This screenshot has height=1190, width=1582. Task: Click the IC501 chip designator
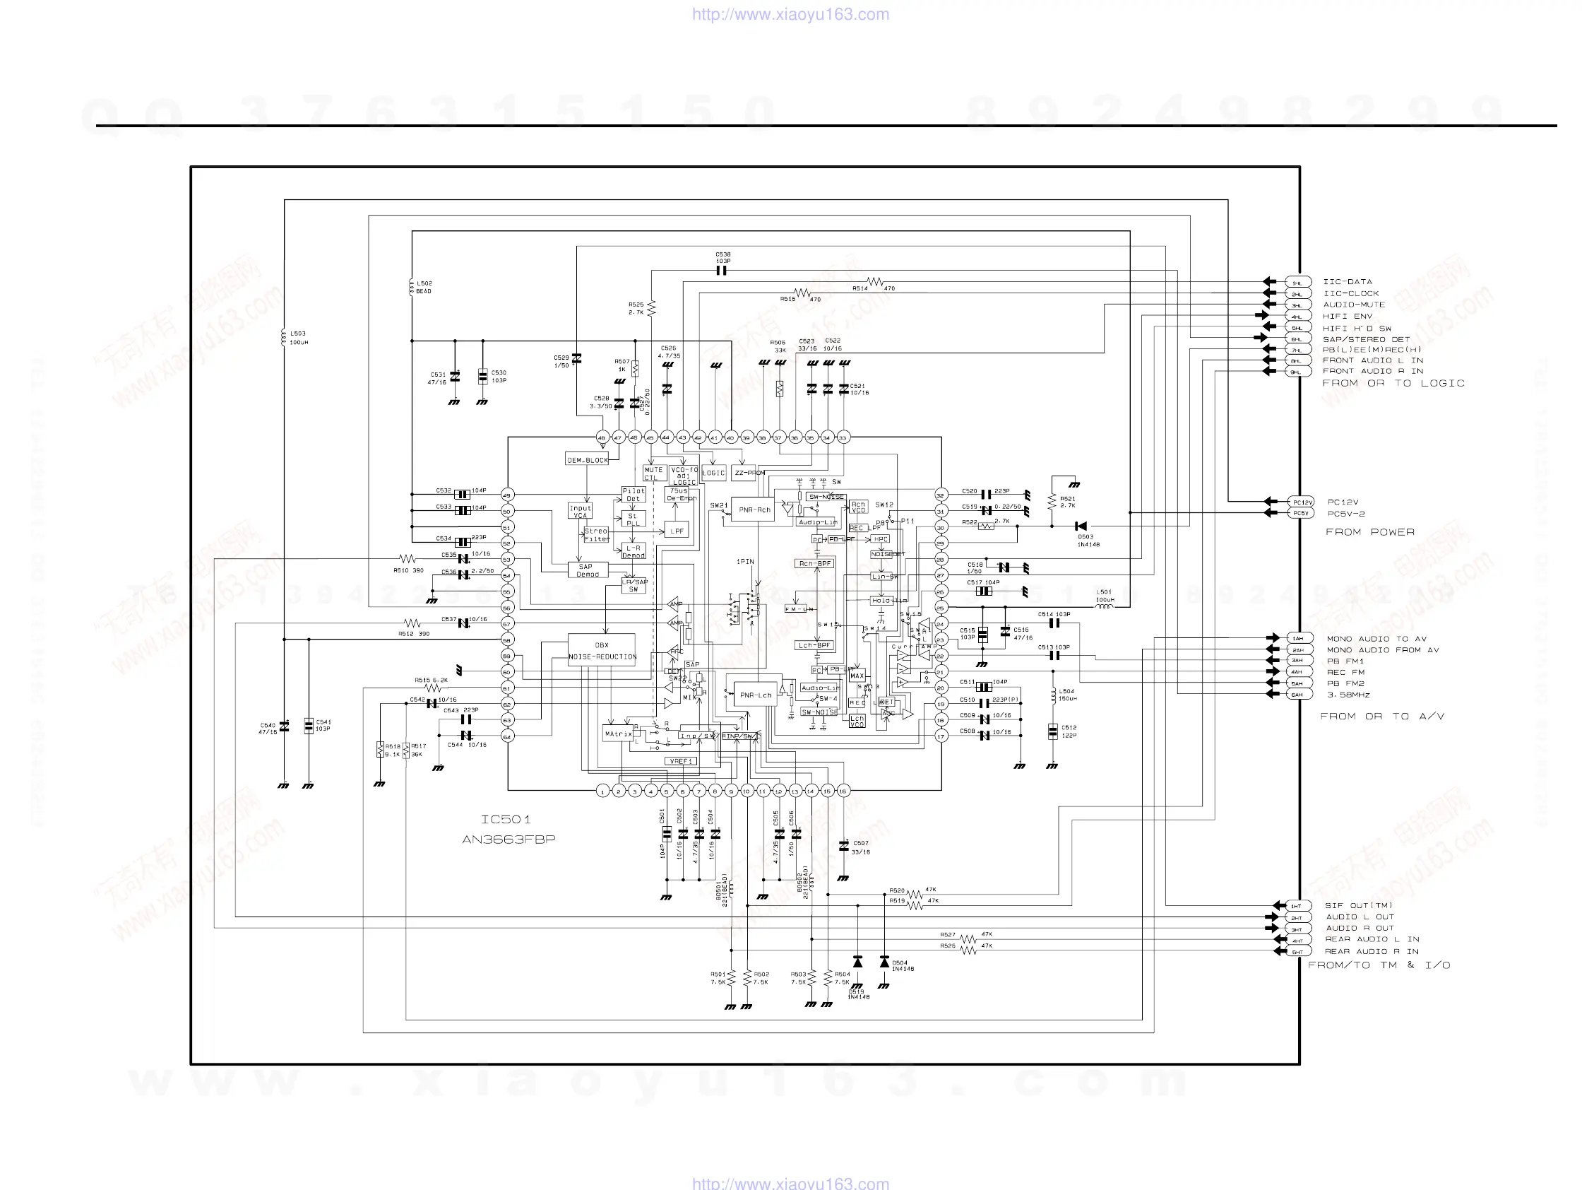pyautogui.click(x=506, y=819)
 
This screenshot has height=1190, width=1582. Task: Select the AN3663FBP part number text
pyautogui.click(x=509, y=840)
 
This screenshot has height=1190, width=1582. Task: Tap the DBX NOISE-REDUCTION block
pyautogui.click(x=602, y=650)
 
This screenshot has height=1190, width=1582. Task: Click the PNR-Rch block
pyautogui.click(x=754, y=510)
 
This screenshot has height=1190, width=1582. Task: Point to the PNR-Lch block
pyautogui.click(x=754, y=695)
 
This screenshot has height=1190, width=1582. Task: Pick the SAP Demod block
pyautogui.click(x=587, y=570)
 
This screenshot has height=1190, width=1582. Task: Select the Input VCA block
pyautogui.click(x=580, y=511)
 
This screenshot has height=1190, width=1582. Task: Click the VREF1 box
pyautogui.click(x=681, y=760)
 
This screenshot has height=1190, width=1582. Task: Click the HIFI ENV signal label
pyautogui.click(x=1348, y=317)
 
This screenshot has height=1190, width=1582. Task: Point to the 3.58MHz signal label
pyautogui.click(x=1348, y=695)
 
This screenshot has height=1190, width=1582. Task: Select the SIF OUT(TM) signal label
pyautogui.click(x=1358, y=905)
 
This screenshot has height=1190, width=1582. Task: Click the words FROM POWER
pyautogui.click(x=1369, y=532)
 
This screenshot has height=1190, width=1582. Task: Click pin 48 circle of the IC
pyautogui.click(x=602, y=437)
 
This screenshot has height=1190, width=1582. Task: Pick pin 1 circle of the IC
pyautogui.click(x=603, y=791)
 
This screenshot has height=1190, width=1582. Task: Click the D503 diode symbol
pyautogui.click(x=1081, y=526)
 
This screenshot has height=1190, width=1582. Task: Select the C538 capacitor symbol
pyautogui.click(x=722, y=271)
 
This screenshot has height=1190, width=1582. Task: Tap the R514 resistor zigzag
pyautogui.click(x=874, y=282)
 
